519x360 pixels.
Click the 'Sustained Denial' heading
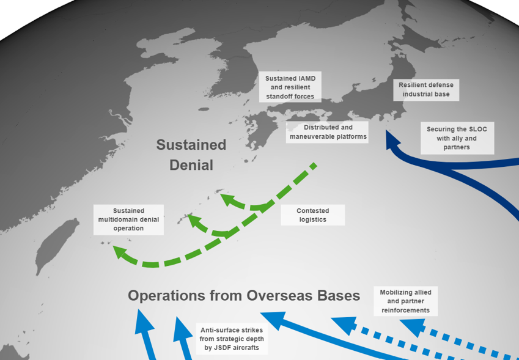tap(191, 155)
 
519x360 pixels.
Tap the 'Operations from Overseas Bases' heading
tap(244, 295)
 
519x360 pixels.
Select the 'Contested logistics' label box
tap(313, 215)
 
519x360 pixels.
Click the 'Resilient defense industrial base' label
tap(426, 90)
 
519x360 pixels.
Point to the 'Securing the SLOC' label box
tap(457, 138)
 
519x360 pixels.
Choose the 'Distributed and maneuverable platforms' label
tap(327, 132)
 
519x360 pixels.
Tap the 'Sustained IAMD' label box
tap(290, 87)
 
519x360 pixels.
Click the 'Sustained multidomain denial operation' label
tap(128, 219)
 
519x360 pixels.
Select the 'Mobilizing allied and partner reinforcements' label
tap(405, 301)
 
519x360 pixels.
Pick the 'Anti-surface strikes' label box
tap(232, 339)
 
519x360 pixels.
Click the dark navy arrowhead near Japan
tap(392, 139)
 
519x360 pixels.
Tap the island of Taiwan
tap(57, 244)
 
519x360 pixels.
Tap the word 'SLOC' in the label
tap(477, 129)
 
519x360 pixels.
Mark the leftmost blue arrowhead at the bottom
tap(144, 321)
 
